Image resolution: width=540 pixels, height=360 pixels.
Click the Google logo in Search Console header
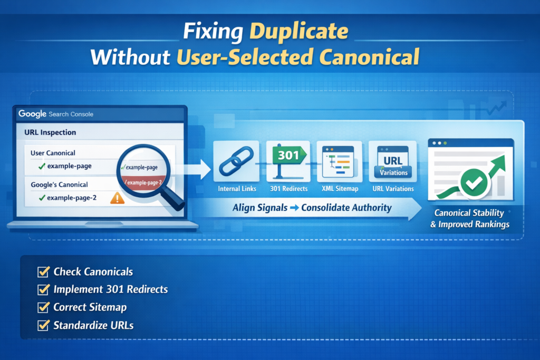click(32, 114)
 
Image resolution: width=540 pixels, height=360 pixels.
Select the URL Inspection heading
click(50, 132)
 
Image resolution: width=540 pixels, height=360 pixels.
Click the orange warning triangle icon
click(117, 198)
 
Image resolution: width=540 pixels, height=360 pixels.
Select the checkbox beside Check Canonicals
click(43, 272)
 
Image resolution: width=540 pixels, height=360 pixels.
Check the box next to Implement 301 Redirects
click(43, 289)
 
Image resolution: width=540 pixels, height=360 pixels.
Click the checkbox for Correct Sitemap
click(43, 307)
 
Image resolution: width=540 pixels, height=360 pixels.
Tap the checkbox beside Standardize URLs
click(43, 325)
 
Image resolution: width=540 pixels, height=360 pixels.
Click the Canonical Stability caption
click(469, 213)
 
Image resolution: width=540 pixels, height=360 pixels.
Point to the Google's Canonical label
click(59, 184)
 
